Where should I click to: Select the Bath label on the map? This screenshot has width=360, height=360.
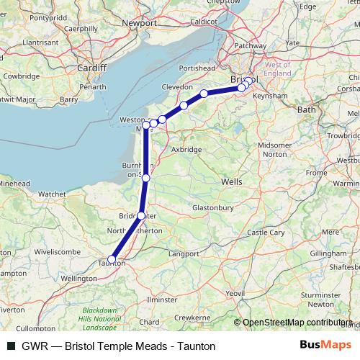tap(306, 109)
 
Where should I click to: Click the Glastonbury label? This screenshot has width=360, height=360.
tap(215, 207)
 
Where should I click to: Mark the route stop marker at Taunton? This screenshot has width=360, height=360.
tap(112, 259)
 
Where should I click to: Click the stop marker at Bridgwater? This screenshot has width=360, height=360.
tap(141, 215)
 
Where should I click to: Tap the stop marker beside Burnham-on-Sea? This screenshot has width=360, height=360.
tap(145, 177)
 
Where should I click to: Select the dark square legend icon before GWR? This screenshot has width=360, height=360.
tap(10, 346)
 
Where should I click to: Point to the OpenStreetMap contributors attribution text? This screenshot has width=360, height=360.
tap(295, 322)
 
